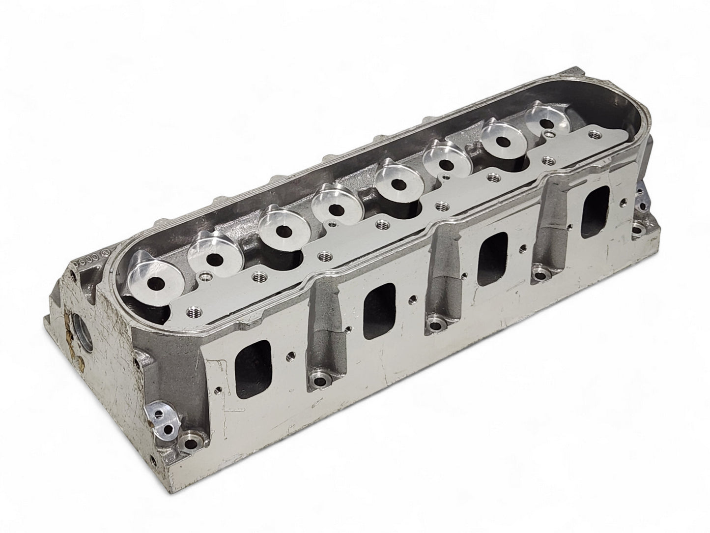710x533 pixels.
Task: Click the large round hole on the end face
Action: click(80, 335)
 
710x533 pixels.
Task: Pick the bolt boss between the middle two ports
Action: click(434, 322)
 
